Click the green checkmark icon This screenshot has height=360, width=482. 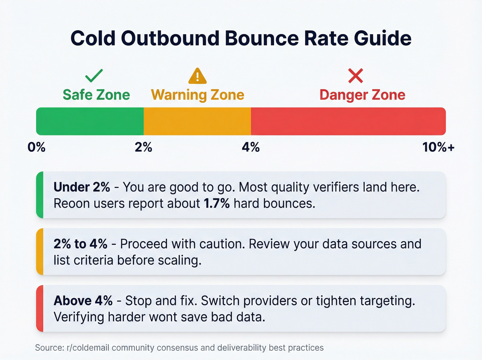tap(94, 75)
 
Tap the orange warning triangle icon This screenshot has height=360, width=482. tap(197, 76)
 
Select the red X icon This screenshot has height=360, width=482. tap(355, 76)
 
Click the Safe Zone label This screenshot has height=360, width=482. tap(96, 95)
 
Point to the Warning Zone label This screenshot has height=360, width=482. tap(198, 95)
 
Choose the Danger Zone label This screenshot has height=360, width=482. tap(362, 95)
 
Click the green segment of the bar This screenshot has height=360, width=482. tap(90, 121)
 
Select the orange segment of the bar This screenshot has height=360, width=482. tap(197, 121)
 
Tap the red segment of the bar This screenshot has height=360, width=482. tap(348, 121)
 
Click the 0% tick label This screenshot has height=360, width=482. tap(36, 147)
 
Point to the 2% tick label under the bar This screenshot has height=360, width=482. tap(143, 147)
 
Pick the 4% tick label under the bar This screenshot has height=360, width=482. tap(251, 147)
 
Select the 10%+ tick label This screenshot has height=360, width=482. tap(438, 147)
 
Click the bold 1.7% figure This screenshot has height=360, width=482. tap(217, 204)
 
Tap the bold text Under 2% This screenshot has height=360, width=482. tap(82, 187)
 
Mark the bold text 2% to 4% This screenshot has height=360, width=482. tap(80, 244)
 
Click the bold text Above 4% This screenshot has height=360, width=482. tap(83, 301)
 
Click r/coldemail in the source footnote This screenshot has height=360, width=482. tap(87, 348)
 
